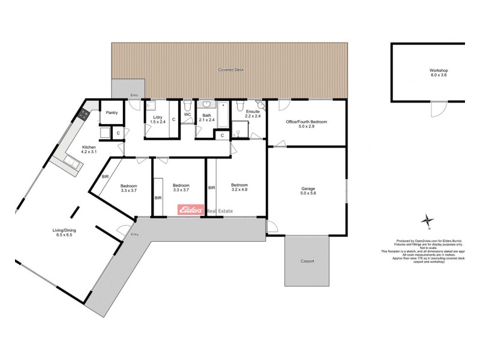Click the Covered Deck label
click(230, 70)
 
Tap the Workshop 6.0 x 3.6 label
click(439, 73)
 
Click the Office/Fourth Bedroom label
click(307, 124)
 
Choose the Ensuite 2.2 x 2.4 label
click(252, 113)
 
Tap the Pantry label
click(112, 112)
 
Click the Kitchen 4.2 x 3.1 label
click(89, 149)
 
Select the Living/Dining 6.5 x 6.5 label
click(61, 232)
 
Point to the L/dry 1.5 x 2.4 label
click(158, 119)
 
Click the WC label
click(187, 114)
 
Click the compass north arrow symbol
click(427, 220)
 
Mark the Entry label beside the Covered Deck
click(134, 95)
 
